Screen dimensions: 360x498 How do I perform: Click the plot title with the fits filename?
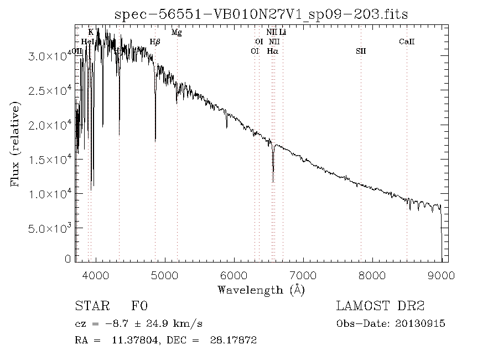click(x=261, y=14)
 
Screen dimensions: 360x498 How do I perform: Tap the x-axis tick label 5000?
click(x=165, y=275)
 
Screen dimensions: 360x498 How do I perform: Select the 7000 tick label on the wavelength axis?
click(x=303, y=275)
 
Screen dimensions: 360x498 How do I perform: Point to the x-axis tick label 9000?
click(x=441, y=275)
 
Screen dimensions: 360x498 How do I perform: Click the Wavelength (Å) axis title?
click(x=261, y=289)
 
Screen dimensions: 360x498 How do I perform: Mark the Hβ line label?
click(x=155, y=42)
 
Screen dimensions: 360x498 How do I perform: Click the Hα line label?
click(x=272, y=51)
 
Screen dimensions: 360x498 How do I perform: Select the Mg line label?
click(x=177, y=33)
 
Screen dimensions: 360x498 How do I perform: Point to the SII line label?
click(x=361, y=51)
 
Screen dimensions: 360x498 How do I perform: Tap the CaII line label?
click(x=407, y=42)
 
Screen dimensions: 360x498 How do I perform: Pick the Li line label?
click(x=282, y=33)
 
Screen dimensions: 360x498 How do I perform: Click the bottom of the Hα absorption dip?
click(x=273, y=181)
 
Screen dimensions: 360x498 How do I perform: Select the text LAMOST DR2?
click(x=380, y=306)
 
